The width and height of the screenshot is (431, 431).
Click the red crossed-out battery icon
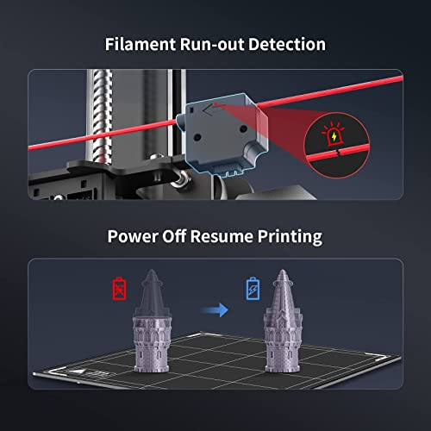click(119, 288)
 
